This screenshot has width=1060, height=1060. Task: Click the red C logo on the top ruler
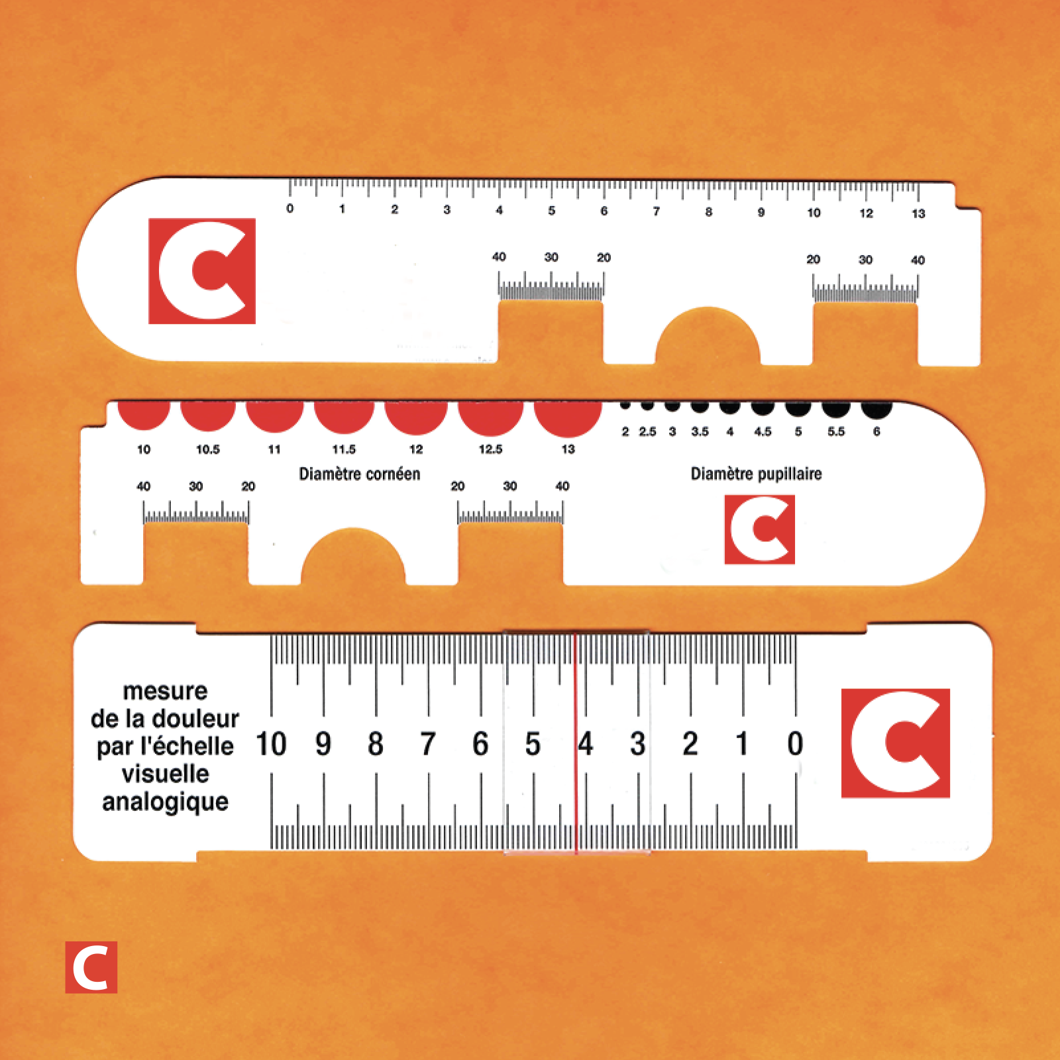(202, 271)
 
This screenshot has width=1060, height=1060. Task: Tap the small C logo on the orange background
(91, 967)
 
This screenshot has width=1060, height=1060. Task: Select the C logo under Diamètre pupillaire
(760, 529)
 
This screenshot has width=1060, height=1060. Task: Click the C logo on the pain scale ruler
(896, 743)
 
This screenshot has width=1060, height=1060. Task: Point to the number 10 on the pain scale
(271, 744)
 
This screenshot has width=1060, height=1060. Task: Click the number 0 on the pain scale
(795, 744)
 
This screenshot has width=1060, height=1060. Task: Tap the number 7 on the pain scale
(428, 744)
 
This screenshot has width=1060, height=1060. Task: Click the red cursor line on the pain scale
(576, 743)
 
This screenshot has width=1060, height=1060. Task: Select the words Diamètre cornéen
(360, 474)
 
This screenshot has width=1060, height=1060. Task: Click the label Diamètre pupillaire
(756, 474)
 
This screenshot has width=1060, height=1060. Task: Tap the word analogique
(165, 802)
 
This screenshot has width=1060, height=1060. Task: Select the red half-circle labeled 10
(144, 415)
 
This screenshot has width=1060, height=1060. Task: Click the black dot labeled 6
(876, 409)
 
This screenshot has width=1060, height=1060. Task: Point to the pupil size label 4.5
(763, 432)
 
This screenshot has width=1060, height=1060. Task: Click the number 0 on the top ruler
(290, 209)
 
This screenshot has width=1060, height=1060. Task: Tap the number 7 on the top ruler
(656, 211)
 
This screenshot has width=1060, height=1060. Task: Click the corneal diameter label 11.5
(344, 449)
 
